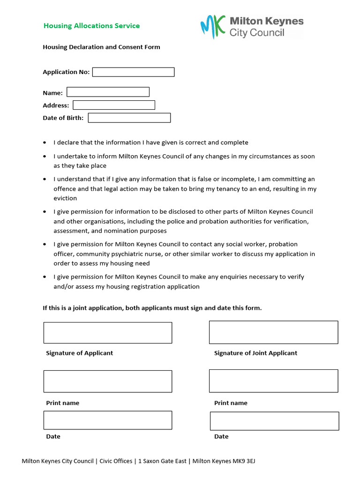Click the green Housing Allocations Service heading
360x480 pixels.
pos(91,26)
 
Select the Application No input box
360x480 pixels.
pos(133,72)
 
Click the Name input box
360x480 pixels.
pos(108,92)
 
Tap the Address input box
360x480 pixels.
pos(113,105)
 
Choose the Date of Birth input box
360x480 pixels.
pos(129,118)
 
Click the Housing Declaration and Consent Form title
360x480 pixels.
pos(101,47)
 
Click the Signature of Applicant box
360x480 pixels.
pos(107,333)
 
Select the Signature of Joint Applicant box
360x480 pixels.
pos(273,332)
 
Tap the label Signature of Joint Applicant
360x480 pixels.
pos(255,353)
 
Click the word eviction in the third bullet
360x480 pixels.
pos(65,198)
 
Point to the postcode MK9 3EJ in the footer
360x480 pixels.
pos(244,461)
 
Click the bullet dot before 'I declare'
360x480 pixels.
pos(45,142)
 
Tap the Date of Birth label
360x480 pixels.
pos(63,118)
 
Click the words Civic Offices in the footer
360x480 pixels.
pos(116,461)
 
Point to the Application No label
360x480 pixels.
pos(66,72)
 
